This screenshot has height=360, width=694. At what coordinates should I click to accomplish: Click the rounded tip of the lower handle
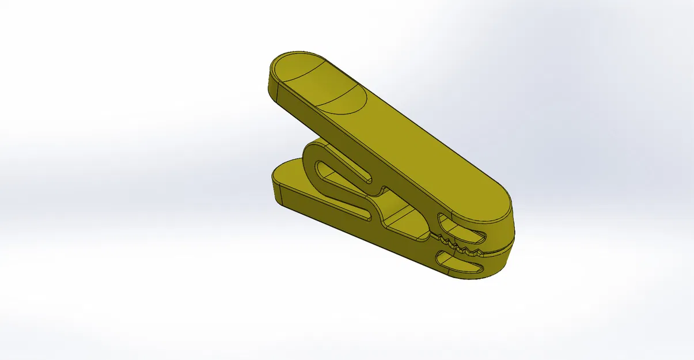tap(282, 173)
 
